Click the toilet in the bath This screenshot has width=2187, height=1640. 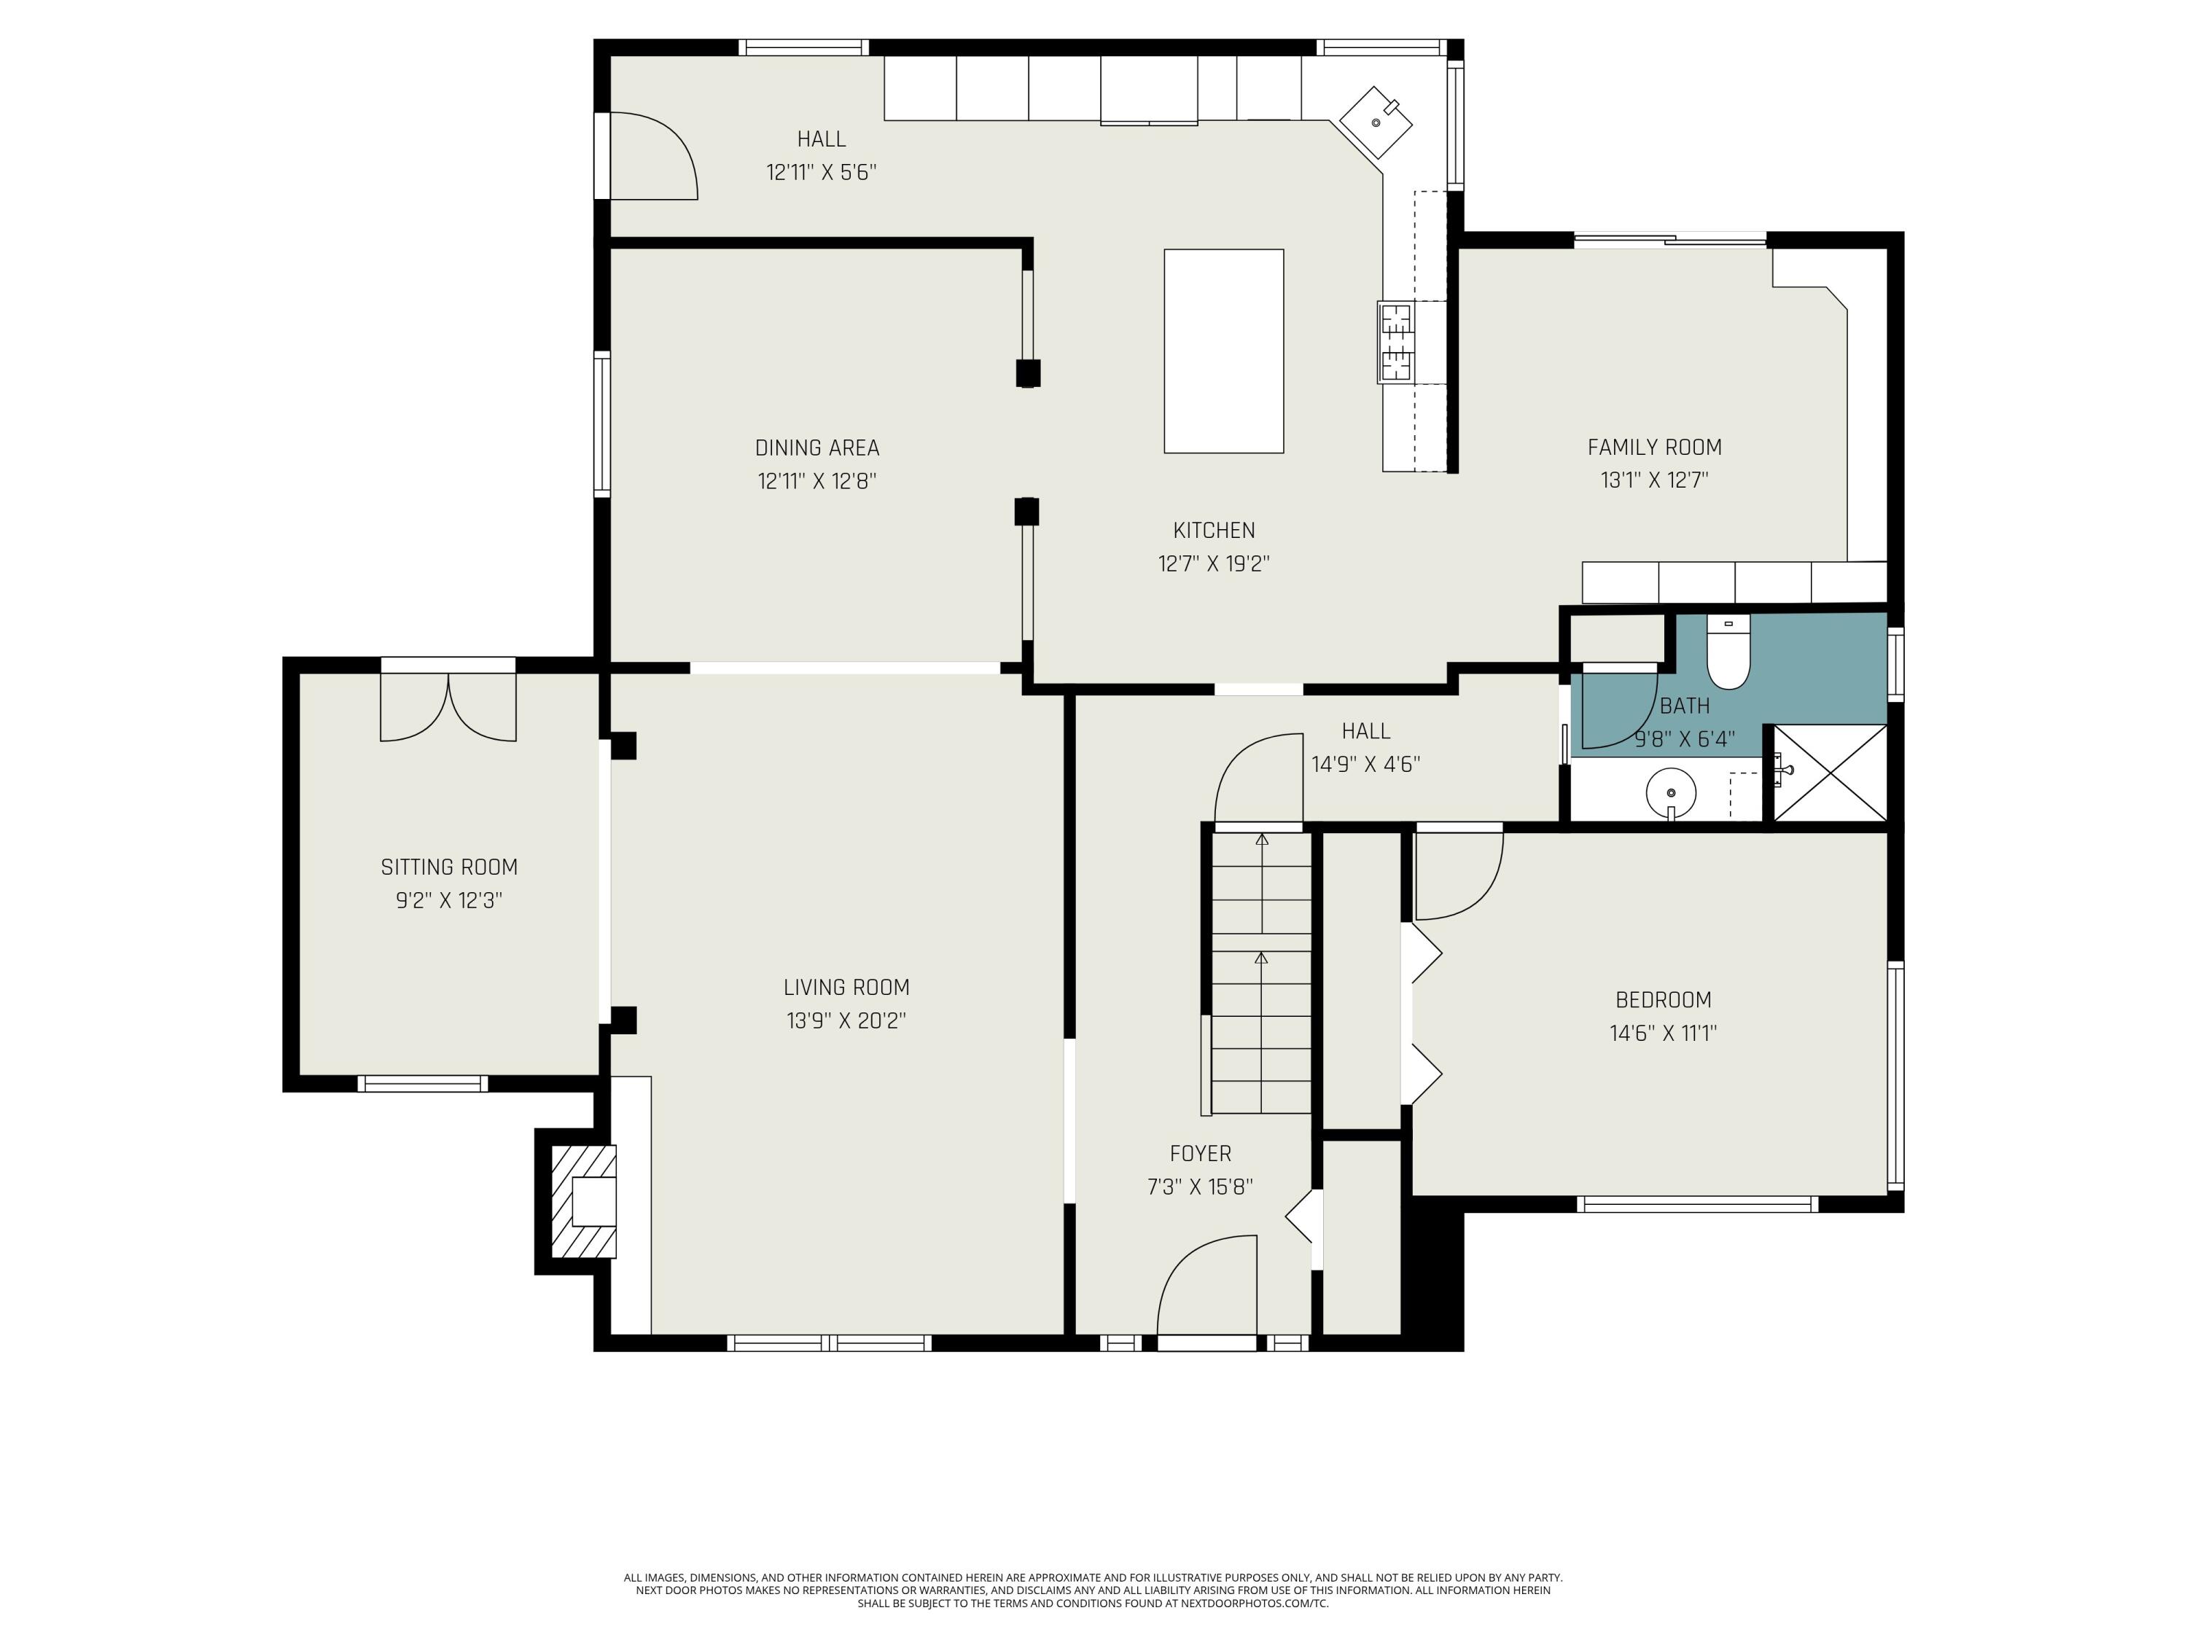click(1728, 652)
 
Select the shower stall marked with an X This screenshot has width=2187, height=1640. click(1830, 772)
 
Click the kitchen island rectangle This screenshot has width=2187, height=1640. click(1224, 351)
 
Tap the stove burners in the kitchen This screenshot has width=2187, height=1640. click(1397, 342)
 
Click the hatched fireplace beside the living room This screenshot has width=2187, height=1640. click(583, 1201)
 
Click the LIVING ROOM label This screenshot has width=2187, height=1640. click(846, 987)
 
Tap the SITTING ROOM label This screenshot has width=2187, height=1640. click(449, 867)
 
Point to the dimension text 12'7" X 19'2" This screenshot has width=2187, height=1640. click(1214, 563)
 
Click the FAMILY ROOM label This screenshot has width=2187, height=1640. click(1655, 447)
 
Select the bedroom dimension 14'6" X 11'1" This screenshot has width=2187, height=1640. click(1663, 1033)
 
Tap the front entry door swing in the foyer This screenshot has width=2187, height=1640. click(1207, 1285)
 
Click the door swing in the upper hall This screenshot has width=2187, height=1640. click(653, 156)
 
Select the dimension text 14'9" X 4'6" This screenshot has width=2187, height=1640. click(1365, 764)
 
